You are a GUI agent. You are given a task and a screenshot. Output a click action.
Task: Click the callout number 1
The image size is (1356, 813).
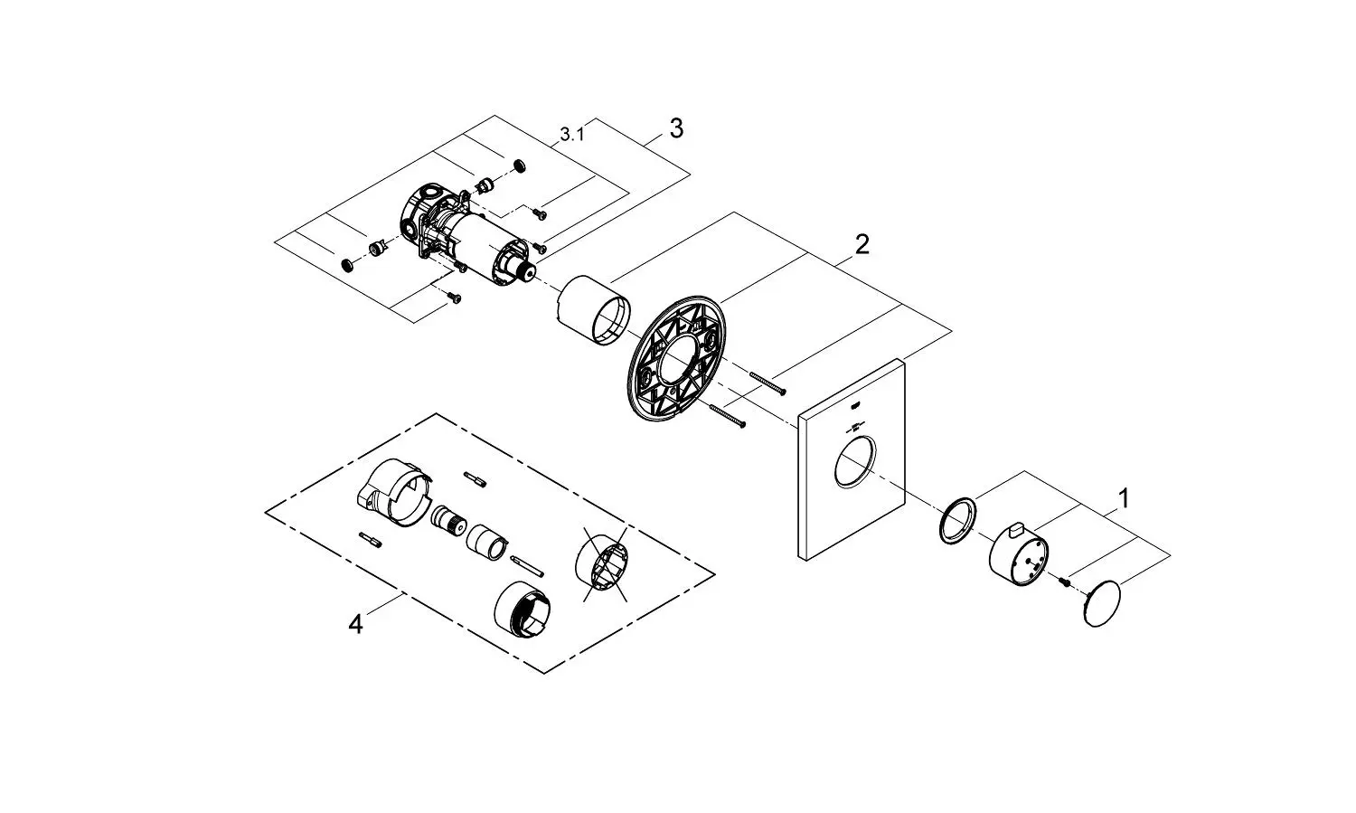(x=1124, y=499)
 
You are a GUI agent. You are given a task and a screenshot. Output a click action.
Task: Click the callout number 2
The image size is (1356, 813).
(x=862, y=244)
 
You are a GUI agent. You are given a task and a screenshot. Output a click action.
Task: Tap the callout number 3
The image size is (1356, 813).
(x=676, y=128)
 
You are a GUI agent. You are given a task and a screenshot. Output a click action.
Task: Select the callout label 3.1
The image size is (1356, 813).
(x=572, y=135)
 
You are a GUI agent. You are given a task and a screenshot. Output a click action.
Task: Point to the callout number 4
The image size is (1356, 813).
(x=355, y=624)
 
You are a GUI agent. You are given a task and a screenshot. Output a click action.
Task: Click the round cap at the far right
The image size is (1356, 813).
(x=1102, y=603)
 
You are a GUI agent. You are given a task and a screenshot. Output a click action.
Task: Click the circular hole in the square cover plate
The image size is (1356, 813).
(x=854, y=460)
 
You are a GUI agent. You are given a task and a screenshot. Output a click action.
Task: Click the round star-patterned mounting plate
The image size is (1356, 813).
(x=675, y=359)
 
